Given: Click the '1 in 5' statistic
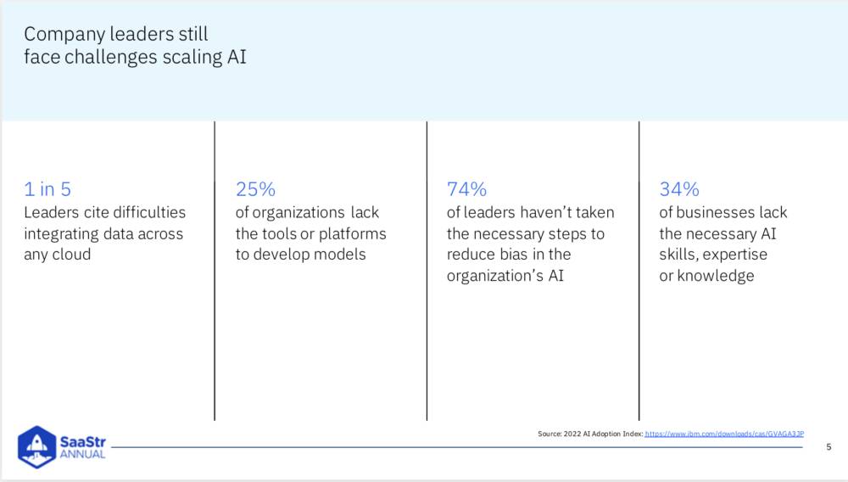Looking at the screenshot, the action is pyautogui.click(x=47, y=189).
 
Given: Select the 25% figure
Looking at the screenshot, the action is pyautogui.click(x=255, y=189).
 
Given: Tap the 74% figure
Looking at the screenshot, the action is pyautogui.click(x=466, y=189).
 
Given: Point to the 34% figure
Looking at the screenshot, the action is pyautogui.click(x=679, y=189).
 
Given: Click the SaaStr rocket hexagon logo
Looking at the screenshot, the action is pyautogui.click(x=36, y=447).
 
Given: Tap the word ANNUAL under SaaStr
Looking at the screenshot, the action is pyautogui.click(x=83, y=454).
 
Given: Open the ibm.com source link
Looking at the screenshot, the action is pyautogui.click(x=724, y=434).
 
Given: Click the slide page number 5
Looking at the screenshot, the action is pyautogui.click(x=828, y=447).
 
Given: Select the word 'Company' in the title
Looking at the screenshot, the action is pyautogui.click(x=64, y=35).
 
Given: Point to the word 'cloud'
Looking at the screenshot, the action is pyautogui.click(x=71, y=255).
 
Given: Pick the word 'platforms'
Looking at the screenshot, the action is pyautogui.click(x=353, y=234).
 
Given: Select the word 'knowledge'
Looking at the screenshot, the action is pyautogui.click(x=716, y=277).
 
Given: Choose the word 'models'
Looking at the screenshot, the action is pyautogui.click(x=341, y=255).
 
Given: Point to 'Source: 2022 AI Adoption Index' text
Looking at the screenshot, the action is pyautogui.click(x=590, y=434).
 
